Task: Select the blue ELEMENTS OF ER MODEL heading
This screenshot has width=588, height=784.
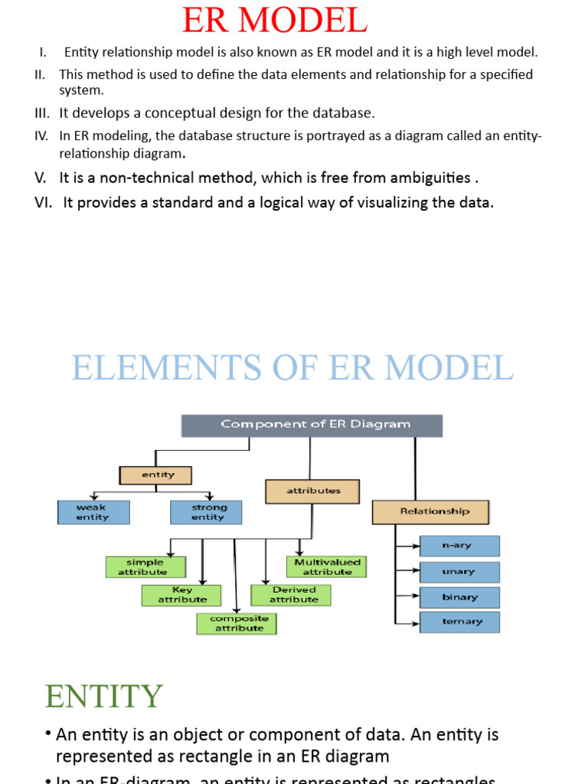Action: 292,367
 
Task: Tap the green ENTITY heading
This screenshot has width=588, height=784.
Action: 104,696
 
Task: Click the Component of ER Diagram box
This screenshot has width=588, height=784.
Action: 312,425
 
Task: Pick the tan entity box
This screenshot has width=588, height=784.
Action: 155,475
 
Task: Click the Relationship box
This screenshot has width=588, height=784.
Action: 430,511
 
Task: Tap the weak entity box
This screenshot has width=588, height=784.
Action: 93,512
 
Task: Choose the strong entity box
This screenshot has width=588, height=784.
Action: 206,512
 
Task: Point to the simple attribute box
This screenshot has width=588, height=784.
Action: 145,567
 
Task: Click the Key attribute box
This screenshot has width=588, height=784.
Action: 181,595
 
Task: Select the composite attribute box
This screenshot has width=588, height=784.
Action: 237,623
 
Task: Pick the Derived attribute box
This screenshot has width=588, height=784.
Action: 291,595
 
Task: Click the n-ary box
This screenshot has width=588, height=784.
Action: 459,546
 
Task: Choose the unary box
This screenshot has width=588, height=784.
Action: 459,571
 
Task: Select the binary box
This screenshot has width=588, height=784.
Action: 459,597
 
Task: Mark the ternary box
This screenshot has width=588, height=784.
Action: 459,622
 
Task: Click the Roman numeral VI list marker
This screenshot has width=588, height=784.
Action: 43,203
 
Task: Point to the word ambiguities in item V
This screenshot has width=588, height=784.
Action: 431,178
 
